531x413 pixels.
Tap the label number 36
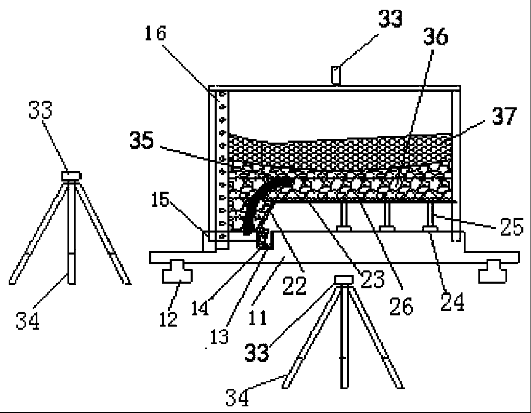pyautogui.click(x=435, y=37)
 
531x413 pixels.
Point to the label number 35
pyautogui.click(x=141, y=142)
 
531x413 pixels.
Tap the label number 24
pyautogui.click(x=452, y=303)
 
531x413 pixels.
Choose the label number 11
pyautogui.click(x=258, y=318)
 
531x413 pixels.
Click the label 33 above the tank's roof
pyautogui.click(x=390, y=19)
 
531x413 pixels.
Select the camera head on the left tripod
pyautogui.click(x=71, y=176)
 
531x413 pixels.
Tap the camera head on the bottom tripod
pyautogui.click(x=343, y=279)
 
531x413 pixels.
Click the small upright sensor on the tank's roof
pyautogui.click(x=336, y=76)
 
